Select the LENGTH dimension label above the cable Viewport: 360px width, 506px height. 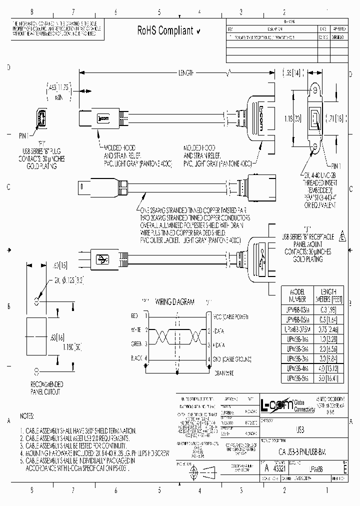pyautogui.click(x=185, y=73)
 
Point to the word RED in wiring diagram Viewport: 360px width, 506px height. pyautogui.click(x=134, y=316)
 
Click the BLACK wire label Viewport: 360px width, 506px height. pyautogui.click(x=136, y=358)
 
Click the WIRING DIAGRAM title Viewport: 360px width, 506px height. pyautogui.click(x=175, y=302)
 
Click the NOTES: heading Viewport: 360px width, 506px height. pyautogui.click(x=27, y=416)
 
